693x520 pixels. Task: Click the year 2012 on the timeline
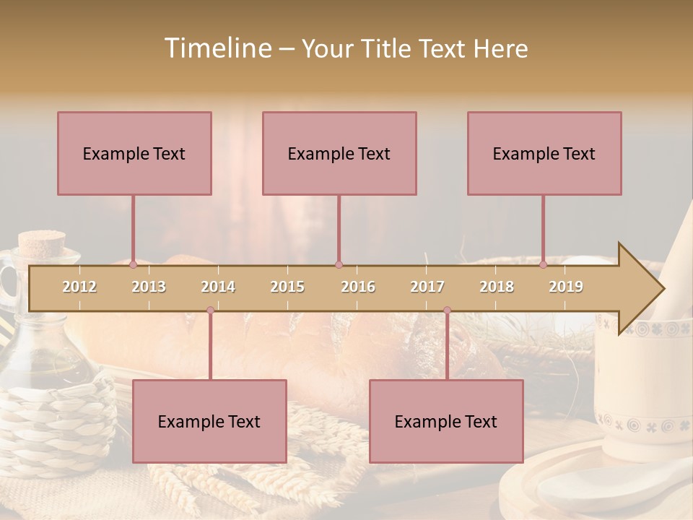pyautogui.click(x=79, y=287)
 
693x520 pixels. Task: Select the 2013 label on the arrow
pyautogui.click(x=149, y=287)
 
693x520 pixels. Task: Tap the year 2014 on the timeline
pyautogui.click(x=218, y=287)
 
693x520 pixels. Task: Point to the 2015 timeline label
pyautogui.click(x=287, y=287)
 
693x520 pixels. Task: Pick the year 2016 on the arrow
pyautogui.click(x=358, y=287)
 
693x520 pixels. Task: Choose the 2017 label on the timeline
pyautogui.click(x=427, y=287)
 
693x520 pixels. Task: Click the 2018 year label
pyautogui.click(x=497, y=287)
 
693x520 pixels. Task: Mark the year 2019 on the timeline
pyautogui.click(x=566, y=287)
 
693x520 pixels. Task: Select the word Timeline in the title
pyautogui.click(x=217, y=48)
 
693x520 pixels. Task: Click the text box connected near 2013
pyautogui.click(x=134, y=153)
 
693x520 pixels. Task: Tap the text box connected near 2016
pyautogui.click(x=339, y=153)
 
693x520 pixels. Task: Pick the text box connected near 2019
pyautogui.click(x=544, y=153)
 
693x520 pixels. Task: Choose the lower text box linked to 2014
pyautogui.click(x=209, y=421)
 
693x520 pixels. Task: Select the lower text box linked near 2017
pyautogui.click(x=446, y=421)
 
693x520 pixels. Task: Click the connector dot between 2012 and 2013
pyautogui.click(x=133, y=264)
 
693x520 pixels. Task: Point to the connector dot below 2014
pyautogui.click(x=210, y=310)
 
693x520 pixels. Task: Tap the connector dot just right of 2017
pyautogui.click(x=447, y=310)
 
